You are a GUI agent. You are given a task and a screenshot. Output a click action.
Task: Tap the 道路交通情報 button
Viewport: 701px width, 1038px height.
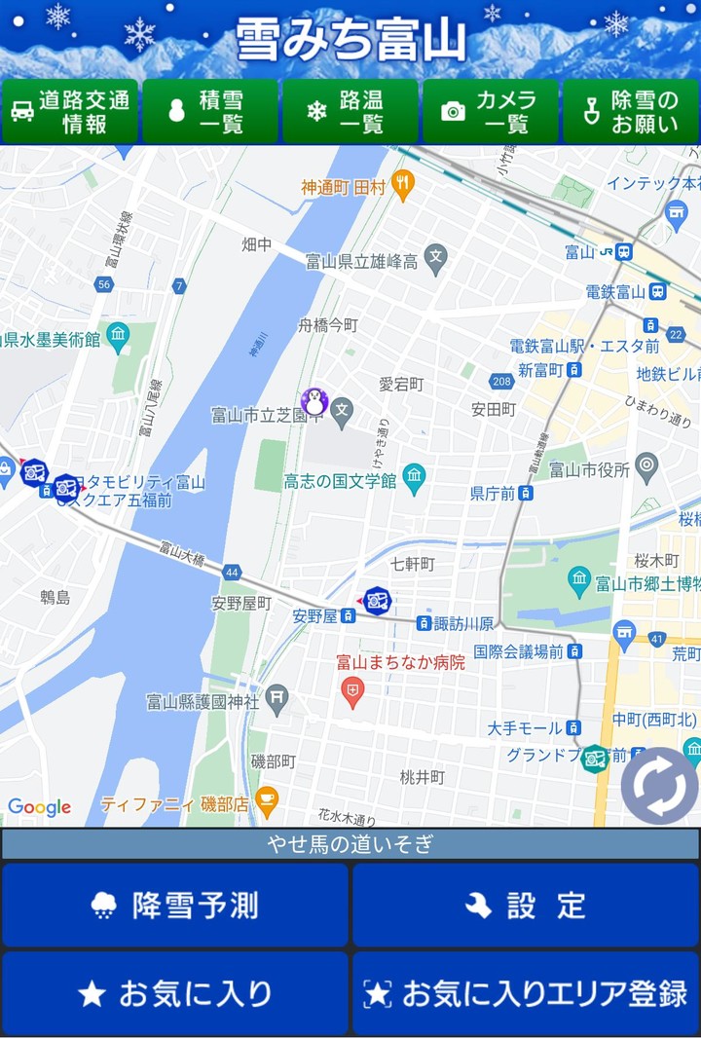(x=70, y=112)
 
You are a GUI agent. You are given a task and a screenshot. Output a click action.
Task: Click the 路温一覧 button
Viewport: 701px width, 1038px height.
(x=350, y=112)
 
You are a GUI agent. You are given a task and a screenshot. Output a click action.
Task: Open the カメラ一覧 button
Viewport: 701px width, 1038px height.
(x=490, y=112)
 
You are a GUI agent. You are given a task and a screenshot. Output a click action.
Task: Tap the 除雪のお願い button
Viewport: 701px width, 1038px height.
(x=630, y=112)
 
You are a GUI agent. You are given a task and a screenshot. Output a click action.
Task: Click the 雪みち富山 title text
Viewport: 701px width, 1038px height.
(x=350, y=41)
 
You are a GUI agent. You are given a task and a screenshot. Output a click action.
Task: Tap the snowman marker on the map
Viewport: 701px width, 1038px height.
(x=314, y=400)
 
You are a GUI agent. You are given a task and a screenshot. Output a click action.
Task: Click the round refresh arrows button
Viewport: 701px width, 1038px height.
(x=659, y=786)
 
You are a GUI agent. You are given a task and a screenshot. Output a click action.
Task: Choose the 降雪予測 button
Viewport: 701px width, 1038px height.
(x=175, y=906)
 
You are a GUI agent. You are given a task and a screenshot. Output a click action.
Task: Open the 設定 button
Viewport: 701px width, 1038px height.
(x=526, y=906)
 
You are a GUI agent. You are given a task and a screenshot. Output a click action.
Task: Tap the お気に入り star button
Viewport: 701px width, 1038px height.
(x=175, y=993)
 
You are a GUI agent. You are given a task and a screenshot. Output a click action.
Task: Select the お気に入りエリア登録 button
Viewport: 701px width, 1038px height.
(x=526, y=993)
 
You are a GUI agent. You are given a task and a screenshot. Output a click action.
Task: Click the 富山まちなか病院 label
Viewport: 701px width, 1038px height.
(x=401, y=662)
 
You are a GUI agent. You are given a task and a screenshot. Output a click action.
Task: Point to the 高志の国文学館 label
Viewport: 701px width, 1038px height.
(x=341, y=481)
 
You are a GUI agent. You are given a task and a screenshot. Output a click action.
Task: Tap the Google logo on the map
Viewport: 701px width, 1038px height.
(x=39, y=807)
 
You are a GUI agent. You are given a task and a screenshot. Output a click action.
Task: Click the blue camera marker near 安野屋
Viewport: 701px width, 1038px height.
(x=377, y=601)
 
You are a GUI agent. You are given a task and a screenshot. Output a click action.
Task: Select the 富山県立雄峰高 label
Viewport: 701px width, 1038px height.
(x=361, y=261)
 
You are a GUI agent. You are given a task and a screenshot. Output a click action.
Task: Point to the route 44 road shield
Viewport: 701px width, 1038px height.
(x=231, y=573)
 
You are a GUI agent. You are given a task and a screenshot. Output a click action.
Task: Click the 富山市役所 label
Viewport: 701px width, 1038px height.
(x=589, y=470)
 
